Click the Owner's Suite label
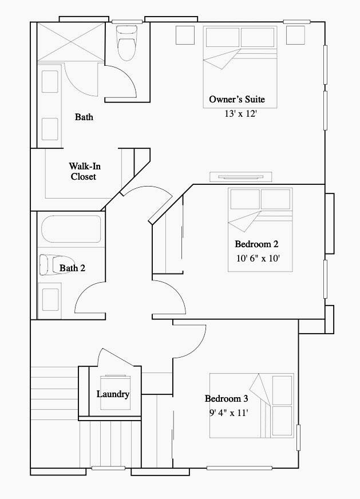(x=237, y=100)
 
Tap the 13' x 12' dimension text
(x=240, y=114)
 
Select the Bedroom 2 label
(x=256, y=244)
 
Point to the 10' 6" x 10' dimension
(x=258, y=258)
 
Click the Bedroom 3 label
(x=226, y=398)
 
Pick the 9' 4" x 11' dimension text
(x=228, y=413)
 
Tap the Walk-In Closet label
(x=84, y=171)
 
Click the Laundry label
(x=113, y=394)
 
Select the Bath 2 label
(x=72, y=268)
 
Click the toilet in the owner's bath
(x=126, y=43)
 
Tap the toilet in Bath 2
(x=56, y=264)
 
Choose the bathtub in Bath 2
(x=71, y=229)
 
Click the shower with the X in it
(x=70, y=41)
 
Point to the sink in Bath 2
(x=50, y=299)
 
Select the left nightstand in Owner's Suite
(x=185, y=35)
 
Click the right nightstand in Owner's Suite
(x=295, y=35)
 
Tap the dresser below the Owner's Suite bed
(x=240, y=177)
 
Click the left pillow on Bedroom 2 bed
(x=245, y=199)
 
